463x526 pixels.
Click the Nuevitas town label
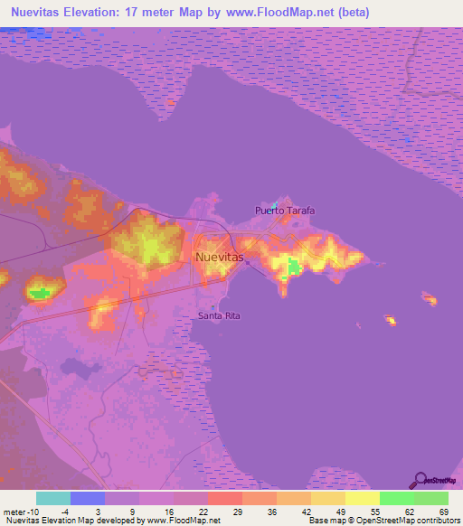click(220, 258)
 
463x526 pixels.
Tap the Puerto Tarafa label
click(284, 211)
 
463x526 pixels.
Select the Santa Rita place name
click(220, 315)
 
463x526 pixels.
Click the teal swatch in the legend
click(53, 498)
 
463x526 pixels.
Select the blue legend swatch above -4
click(88, 498)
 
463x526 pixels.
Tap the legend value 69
click(442, 512)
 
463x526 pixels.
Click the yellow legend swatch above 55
click(362, 498)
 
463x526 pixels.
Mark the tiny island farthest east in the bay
click(430, 300)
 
